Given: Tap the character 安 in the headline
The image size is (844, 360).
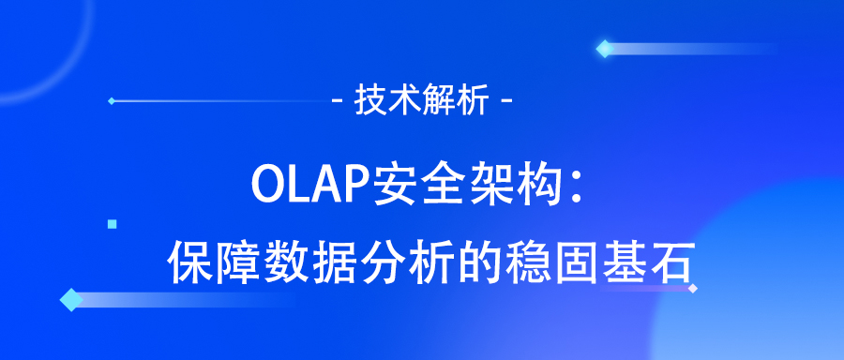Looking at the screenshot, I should [x=389, y=183].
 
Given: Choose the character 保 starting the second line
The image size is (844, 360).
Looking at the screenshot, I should [x=188, y=262].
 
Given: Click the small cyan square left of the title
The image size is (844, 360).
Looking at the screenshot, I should [x=113, y=224].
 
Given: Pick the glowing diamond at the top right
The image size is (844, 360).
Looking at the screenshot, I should [x=605, y=49].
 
